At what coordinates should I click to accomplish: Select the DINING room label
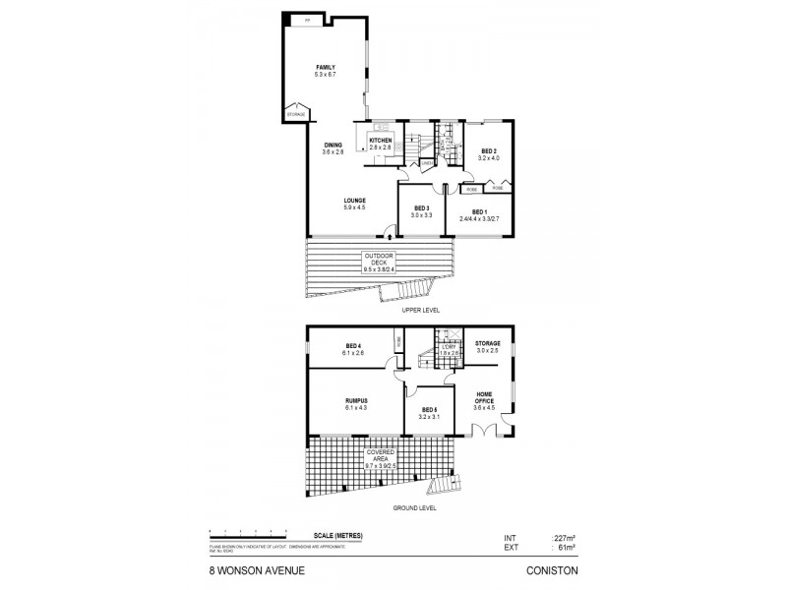333,146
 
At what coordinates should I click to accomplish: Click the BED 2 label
489,151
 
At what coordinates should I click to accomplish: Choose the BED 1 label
479,211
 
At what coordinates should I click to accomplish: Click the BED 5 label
428,410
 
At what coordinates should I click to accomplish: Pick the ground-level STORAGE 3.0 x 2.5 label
489,343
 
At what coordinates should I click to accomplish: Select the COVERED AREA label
381,454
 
